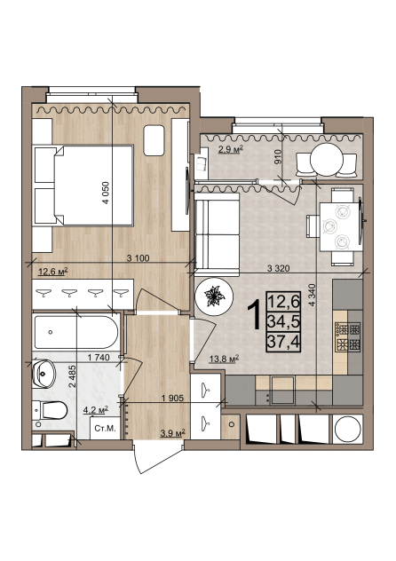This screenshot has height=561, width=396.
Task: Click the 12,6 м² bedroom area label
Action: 53,273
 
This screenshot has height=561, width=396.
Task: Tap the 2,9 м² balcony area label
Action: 231,149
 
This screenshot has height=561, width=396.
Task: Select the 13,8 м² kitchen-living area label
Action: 224,359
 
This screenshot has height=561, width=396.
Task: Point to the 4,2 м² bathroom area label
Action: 96,410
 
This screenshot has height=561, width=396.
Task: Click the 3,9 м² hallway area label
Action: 172,433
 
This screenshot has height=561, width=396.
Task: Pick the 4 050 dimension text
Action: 106,194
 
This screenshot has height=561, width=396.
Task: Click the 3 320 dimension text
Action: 278,268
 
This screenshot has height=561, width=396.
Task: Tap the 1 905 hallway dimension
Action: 173,398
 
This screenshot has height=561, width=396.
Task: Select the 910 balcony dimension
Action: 280,157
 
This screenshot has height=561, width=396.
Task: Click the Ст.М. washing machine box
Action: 105,428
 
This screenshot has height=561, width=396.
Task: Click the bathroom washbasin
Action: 44,374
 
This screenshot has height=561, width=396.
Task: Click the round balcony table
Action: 327,160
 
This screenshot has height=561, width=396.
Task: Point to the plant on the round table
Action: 214,296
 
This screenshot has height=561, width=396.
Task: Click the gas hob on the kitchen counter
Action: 347,336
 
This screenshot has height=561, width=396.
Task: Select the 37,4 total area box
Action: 283,343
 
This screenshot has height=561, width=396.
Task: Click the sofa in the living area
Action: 217,234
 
